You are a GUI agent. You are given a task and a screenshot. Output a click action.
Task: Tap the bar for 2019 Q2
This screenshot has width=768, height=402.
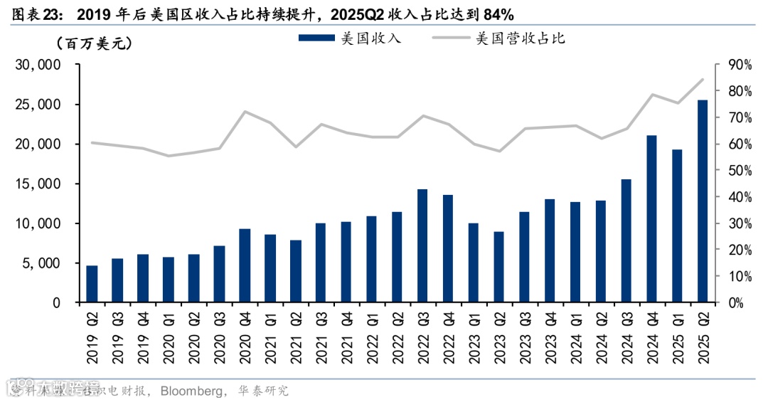pos(92,284)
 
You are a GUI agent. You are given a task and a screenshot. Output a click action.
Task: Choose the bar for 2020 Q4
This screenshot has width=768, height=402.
pos(245,266)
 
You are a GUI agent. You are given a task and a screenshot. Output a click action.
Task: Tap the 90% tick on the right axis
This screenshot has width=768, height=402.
pos(738,65)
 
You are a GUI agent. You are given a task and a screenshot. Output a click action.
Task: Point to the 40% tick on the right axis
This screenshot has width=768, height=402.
pos(738,197)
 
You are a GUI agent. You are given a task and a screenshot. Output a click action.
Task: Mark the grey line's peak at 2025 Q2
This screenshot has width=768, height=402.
pos(702,79)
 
